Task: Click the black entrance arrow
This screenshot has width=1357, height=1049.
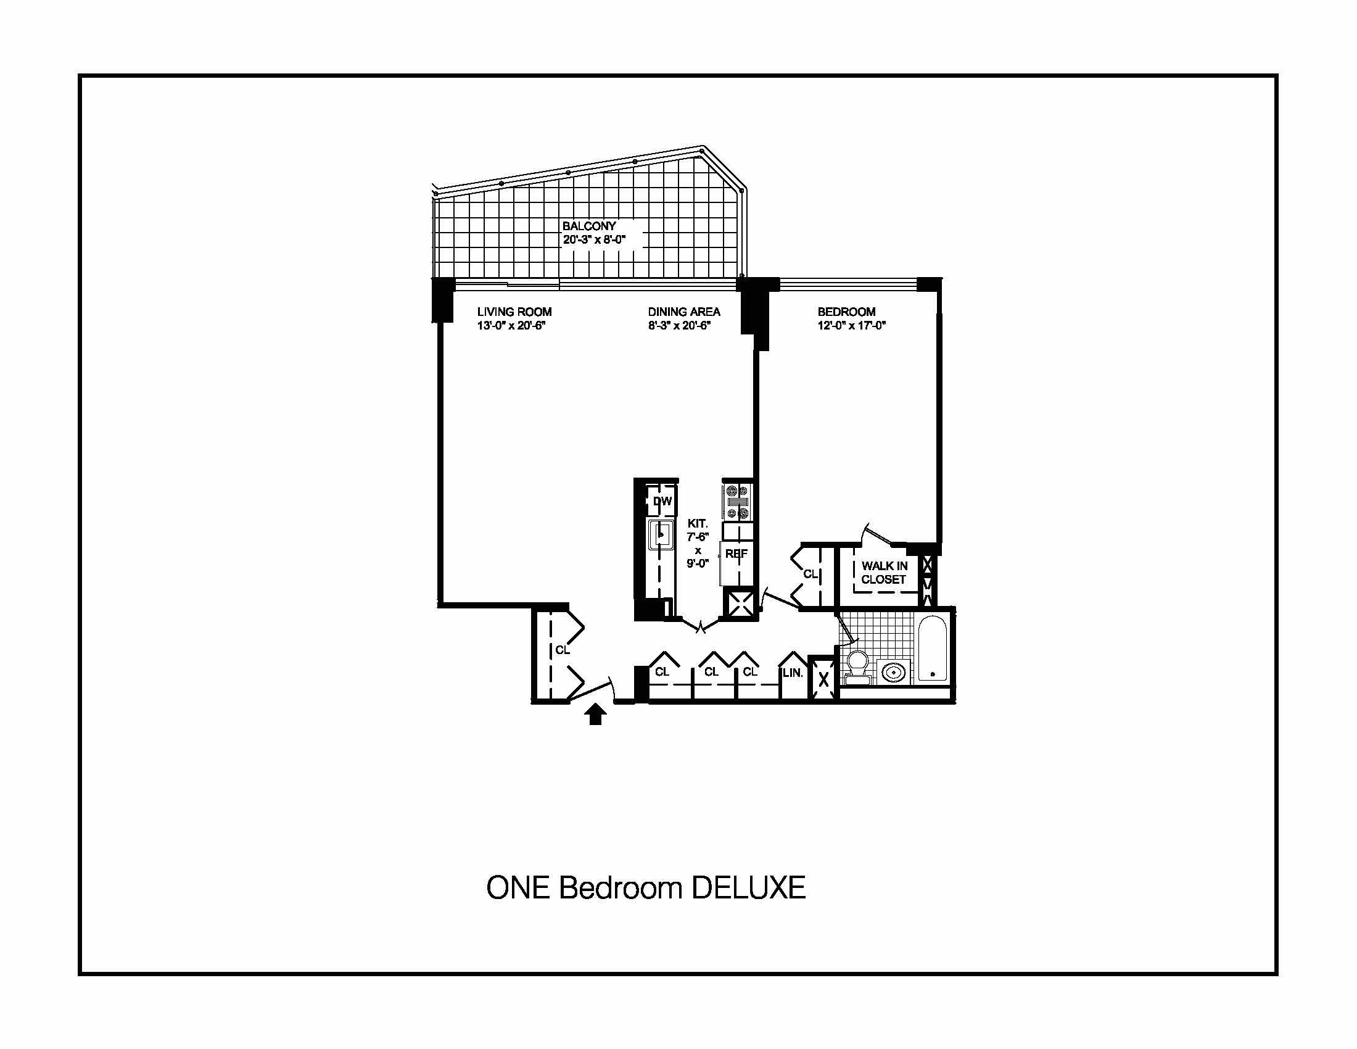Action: pos(596,715)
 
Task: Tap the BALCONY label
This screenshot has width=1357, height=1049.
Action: pos(589,226)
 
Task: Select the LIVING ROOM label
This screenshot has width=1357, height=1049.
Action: pos(514,312)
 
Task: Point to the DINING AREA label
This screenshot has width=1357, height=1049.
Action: pos(684,312)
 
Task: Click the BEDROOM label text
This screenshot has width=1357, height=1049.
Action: pos(846,312)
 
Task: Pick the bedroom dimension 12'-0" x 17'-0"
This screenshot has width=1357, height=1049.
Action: pos(851,325)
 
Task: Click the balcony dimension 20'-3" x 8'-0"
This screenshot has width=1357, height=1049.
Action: pos(594,239)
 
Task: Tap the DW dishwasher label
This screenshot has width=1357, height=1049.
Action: pos(662,502)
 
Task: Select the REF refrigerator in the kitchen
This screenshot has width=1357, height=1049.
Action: pos(736,563)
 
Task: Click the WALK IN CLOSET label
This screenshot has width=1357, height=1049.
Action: pos(884,573)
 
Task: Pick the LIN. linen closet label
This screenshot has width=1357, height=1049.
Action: pos(793,673)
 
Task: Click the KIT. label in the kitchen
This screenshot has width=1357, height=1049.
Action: pos(697,524)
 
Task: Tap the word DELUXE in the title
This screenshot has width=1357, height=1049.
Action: pos(748,887)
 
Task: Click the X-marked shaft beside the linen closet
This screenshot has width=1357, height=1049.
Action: pos(823,679)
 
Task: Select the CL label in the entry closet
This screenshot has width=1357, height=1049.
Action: pos(563,650)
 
